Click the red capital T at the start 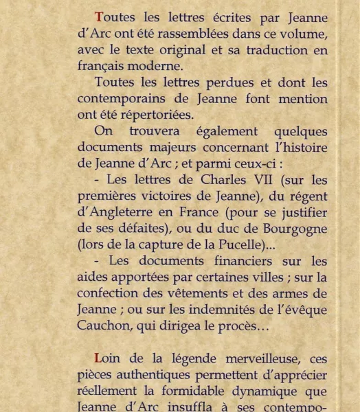[x=99, y=18]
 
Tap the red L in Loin [x=98, y=358]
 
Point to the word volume [x=302, y=34]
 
